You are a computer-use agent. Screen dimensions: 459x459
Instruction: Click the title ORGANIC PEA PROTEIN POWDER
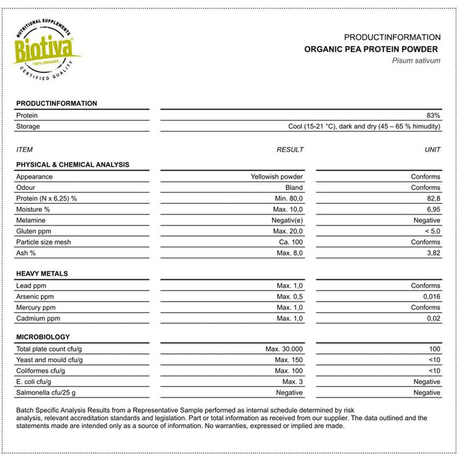[372, 49]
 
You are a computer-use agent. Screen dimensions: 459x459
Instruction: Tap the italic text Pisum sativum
[416, 60]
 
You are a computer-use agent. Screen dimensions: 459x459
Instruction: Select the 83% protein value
[433, 115]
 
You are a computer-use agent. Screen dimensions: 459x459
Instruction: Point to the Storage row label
[28, 126]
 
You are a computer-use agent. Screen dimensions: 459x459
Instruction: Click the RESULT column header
[290, 150]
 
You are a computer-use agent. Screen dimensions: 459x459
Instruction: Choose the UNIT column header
[432, 150]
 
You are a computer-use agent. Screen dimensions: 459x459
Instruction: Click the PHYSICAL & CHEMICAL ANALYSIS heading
[72, 165]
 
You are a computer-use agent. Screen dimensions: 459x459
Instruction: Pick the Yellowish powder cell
[277, 176]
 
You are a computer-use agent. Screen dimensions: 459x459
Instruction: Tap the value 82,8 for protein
[432, 198]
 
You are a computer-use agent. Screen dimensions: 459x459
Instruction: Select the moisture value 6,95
[432, 209]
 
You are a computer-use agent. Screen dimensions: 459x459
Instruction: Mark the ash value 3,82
[432, 252]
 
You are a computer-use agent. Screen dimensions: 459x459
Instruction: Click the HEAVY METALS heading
[42, 273]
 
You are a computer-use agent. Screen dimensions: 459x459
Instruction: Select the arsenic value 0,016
[429, 296]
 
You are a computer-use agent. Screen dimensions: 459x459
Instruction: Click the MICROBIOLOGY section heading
[43, 337]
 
